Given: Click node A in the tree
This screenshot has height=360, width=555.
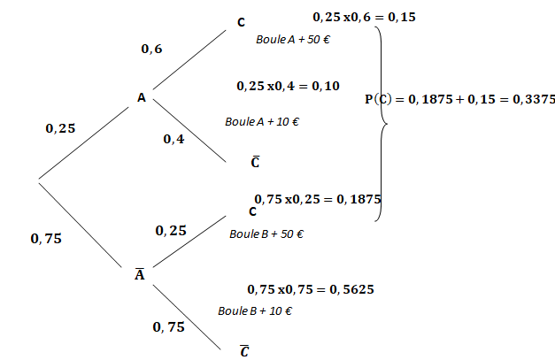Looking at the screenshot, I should [142, 97].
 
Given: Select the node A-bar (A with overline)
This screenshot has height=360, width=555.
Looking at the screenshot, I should [139, 274].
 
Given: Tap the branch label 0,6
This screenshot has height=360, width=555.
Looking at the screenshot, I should [151, 50].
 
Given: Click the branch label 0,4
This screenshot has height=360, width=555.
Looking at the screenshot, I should [173, 139].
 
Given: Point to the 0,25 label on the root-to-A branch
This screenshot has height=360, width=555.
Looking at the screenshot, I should [60, 128].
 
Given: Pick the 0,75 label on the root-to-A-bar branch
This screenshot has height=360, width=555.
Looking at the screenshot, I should [46, 238].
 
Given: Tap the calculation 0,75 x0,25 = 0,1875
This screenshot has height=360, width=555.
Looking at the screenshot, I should [317, 199].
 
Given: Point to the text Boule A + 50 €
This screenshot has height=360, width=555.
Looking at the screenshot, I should [288, 40].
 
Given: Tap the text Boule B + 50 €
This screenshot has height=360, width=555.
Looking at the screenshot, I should [266, 234].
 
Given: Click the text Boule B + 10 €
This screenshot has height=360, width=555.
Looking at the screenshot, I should [255, 311].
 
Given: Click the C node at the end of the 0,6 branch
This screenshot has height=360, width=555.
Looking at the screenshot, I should [242, 22].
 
